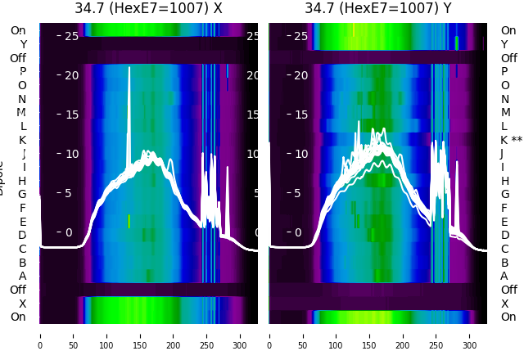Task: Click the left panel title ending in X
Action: tap(148, 8)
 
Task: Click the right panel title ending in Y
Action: tap(378, 8)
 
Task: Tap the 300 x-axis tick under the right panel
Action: tap(470, 335)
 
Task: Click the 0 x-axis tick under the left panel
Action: tap(39, 335)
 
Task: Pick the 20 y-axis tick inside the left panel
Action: tap(70, 75)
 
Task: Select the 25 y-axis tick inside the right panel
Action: tap(300, 36)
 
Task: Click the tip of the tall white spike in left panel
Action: tap(129, 68)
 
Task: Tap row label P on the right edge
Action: tap(504, 71)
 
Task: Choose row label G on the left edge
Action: tap(22, 194)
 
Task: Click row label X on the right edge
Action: tap(504, 304)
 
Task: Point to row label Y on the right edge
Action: tap(504, 44)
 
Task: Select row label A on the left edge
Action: tap(22, 276)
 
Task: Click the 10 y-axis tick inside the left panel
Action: tap(70, 154)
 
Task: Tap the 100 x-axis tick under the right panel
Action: tap(337, 335)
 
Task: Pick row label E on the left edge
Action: tap(22, 222)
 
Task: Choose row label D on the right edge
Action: tap(504, 235)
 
